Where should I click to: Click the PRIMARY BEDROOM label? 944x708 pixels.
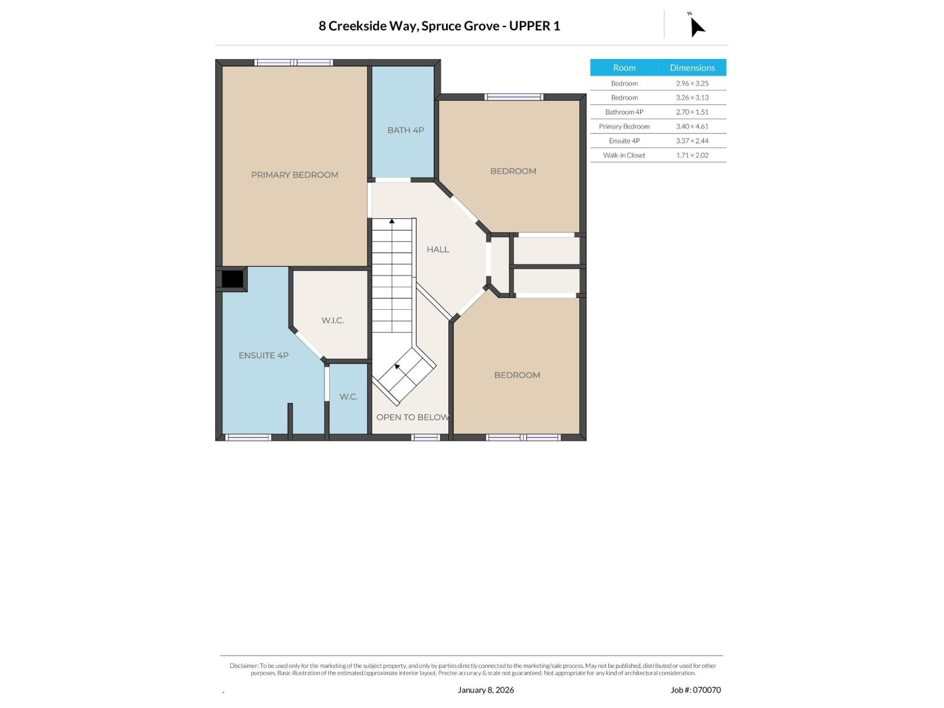[x=294, y=175]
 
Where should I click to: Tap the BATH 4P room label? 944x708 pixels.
[x=405, y=130]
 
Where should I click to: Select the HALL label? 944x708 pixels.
[x=437, y=250]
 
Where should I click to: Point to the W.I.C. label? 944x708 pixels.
[x=332, y=320]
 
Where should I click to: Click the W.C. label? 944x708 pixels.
[x=348, y=396]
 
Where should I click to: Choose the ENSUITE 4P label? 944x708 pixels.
[x=263, y=356]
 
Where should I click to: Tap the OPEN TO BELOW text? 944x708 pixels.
[x=412, y=417]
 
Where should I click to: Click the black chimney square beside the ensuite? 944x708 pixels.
[x=232, y=279]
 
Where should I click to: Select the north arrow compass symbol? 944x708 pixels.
[x=696, y=26]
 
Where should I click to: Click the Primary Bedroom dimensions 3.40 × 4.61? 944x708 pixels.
[x=691, y=126]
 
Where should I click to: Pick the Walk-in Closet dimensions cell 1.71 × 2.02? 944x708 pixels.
[x=691, y=155]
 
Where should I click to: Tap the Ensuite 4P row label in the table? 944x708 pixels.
[x=624, y=140]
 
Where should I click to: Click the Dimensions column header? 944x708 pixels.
[x=692, y=67]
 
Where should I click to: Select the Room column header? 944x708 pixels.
[x=624, y=67]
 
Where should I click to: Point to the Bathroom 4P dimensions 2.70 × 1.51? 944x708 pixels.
[x=691, y=112]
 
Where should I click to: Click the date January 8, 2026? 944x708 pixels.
[x=485, y=690]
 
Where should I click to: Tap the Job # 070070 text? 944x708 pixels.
[x=695, y=690]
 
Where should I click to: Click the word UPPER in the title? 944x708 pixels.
[x=527, y=26]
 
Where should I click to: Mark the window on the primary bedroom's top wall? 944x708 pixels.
[x=293, y=63]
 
